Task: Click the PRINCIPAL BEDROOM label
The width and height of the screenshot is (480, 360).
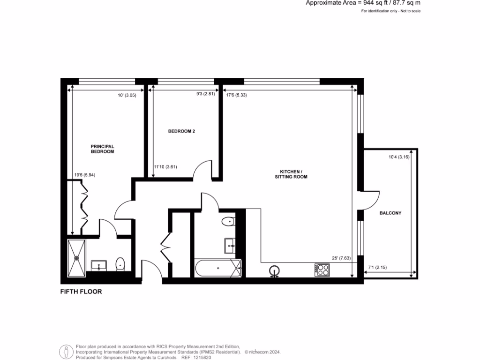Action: coord(102,149)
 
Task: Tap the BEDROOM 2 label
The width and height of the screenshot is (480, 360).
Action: coord(181,131)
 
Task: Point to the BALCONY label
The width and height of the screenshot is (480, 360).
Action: coord(390,213)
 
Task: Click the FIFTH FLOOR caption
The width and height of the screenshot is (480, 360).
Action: coord(81,292)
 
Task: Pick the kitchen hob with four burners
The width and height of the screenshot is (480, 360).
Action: coord(322,270)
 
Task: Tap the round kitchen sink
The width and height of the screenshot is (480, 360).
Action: coord(275,270)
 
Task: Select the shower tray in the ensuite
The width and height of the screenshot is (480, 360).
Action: coord(76,257)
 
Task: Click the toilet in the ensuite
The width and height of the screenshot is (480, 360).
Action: coord(120,265)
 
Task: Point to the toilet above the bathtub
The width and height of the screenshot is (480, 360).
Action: coord(229,222)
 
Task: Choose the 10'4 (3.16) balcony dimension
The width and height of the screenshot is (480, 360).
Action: coord(399,157)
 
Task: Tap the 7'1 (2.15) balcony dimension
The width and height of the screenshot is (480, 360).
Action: coord(377,268)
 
